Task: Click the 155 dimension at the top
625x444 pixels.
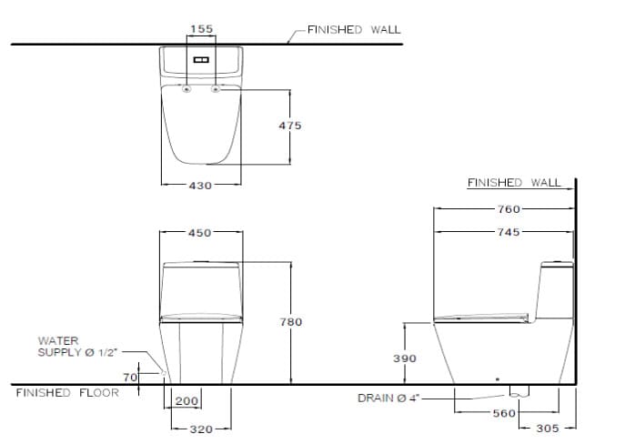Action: tap(200, 29)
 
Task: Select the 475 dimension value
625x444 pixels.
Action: tap(290, 126)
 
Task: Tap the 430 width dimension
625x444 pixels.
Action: tap(200, 185)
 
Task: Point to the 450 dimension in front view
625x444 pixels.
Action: tap(200, 233)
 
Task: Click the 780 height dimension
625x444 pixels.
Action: tap(290, 322)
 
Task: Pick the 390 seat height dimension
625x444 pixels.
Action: tap(404, 358)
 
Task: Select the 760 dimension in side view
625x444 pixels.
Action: tap(509, 209)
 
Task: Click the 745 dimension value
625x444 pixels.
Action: tap(509, 232)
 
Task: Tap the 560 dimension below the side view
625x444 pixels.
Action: tap(504, 413)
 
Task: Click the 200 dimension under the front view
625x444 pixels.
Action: tap(186, 401)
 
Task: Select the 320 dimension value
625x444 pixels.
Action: tap(199, 428)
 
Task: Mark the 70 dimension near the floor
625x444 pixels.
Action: tap(129, 376)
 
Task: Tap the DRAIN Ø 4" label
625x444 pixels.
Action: tap(387, 398)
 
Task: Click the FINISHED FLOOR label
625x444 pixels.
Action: tap(67, 393)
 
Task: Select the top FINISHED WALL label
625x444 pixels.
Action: tap(353, 29)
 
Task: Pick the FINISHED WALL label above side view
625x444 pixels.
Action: tap(514, 182)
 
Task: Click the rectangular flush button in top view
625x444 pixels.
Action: tap(200, 61)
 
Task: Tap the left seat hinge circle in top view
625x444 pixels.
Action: tap(186, 89)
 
